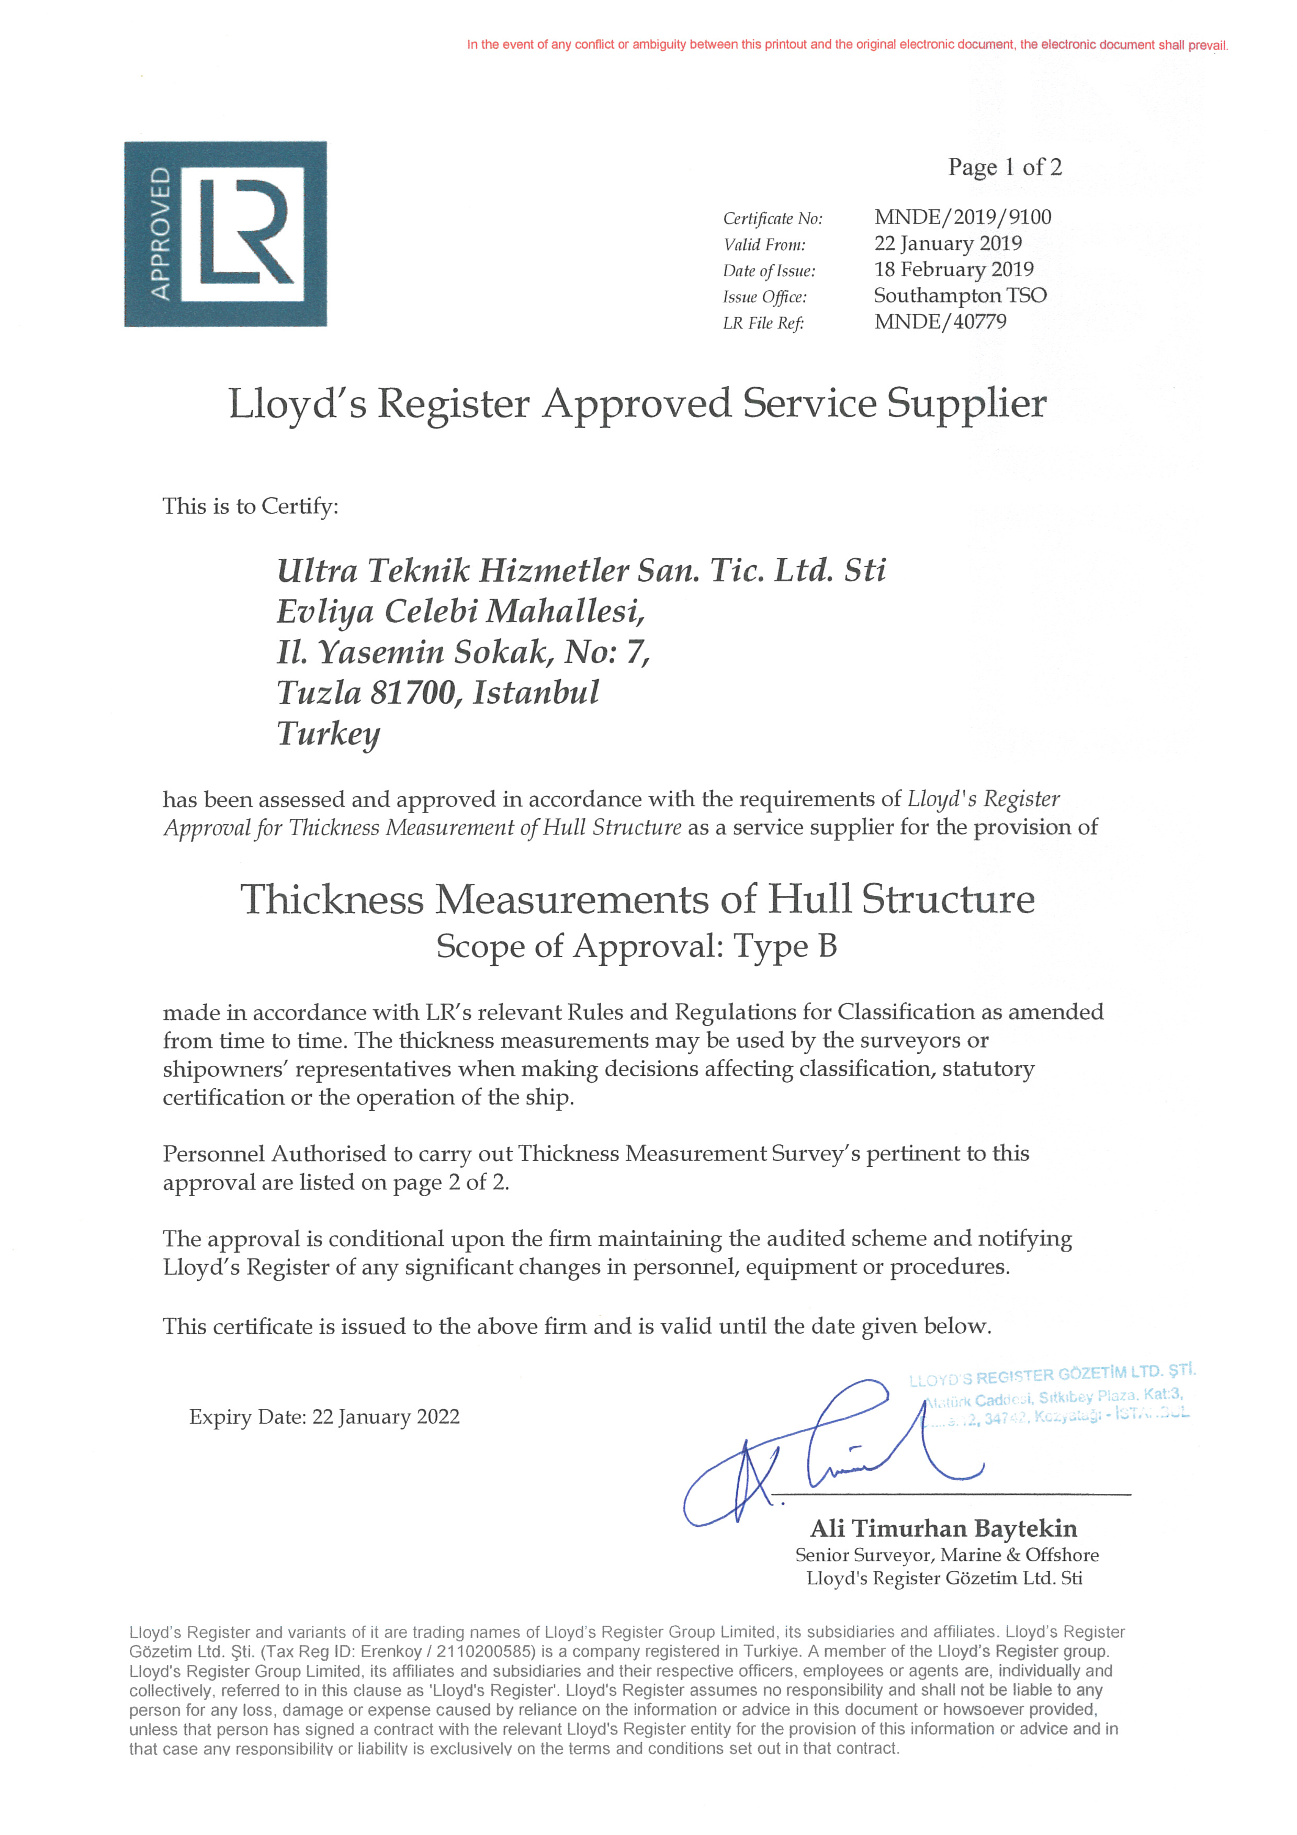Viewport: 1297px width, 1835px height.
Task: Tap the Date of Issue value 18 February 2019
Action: (x=953, y=269)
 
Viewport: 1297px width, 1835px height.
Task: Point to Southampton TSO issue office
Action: (x=960, y=296)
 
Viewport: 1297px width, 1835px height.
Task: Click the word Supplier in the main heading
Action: (x=966, y=403)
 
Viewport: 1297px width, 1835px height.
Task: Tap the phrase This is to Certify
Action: (x=250, y=506)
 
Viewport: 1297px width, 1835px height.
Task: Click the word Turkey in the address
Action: (x=329, y=734)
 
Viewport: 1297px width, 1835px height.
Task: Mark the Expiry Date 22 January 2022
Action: (x=324, y=1417)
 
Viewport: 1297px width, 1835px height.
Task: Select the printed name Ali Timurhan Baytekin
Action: (x=943, y=1529)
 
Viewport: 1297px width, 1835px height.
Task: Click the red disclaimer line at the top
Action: (x=847, y=45)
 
